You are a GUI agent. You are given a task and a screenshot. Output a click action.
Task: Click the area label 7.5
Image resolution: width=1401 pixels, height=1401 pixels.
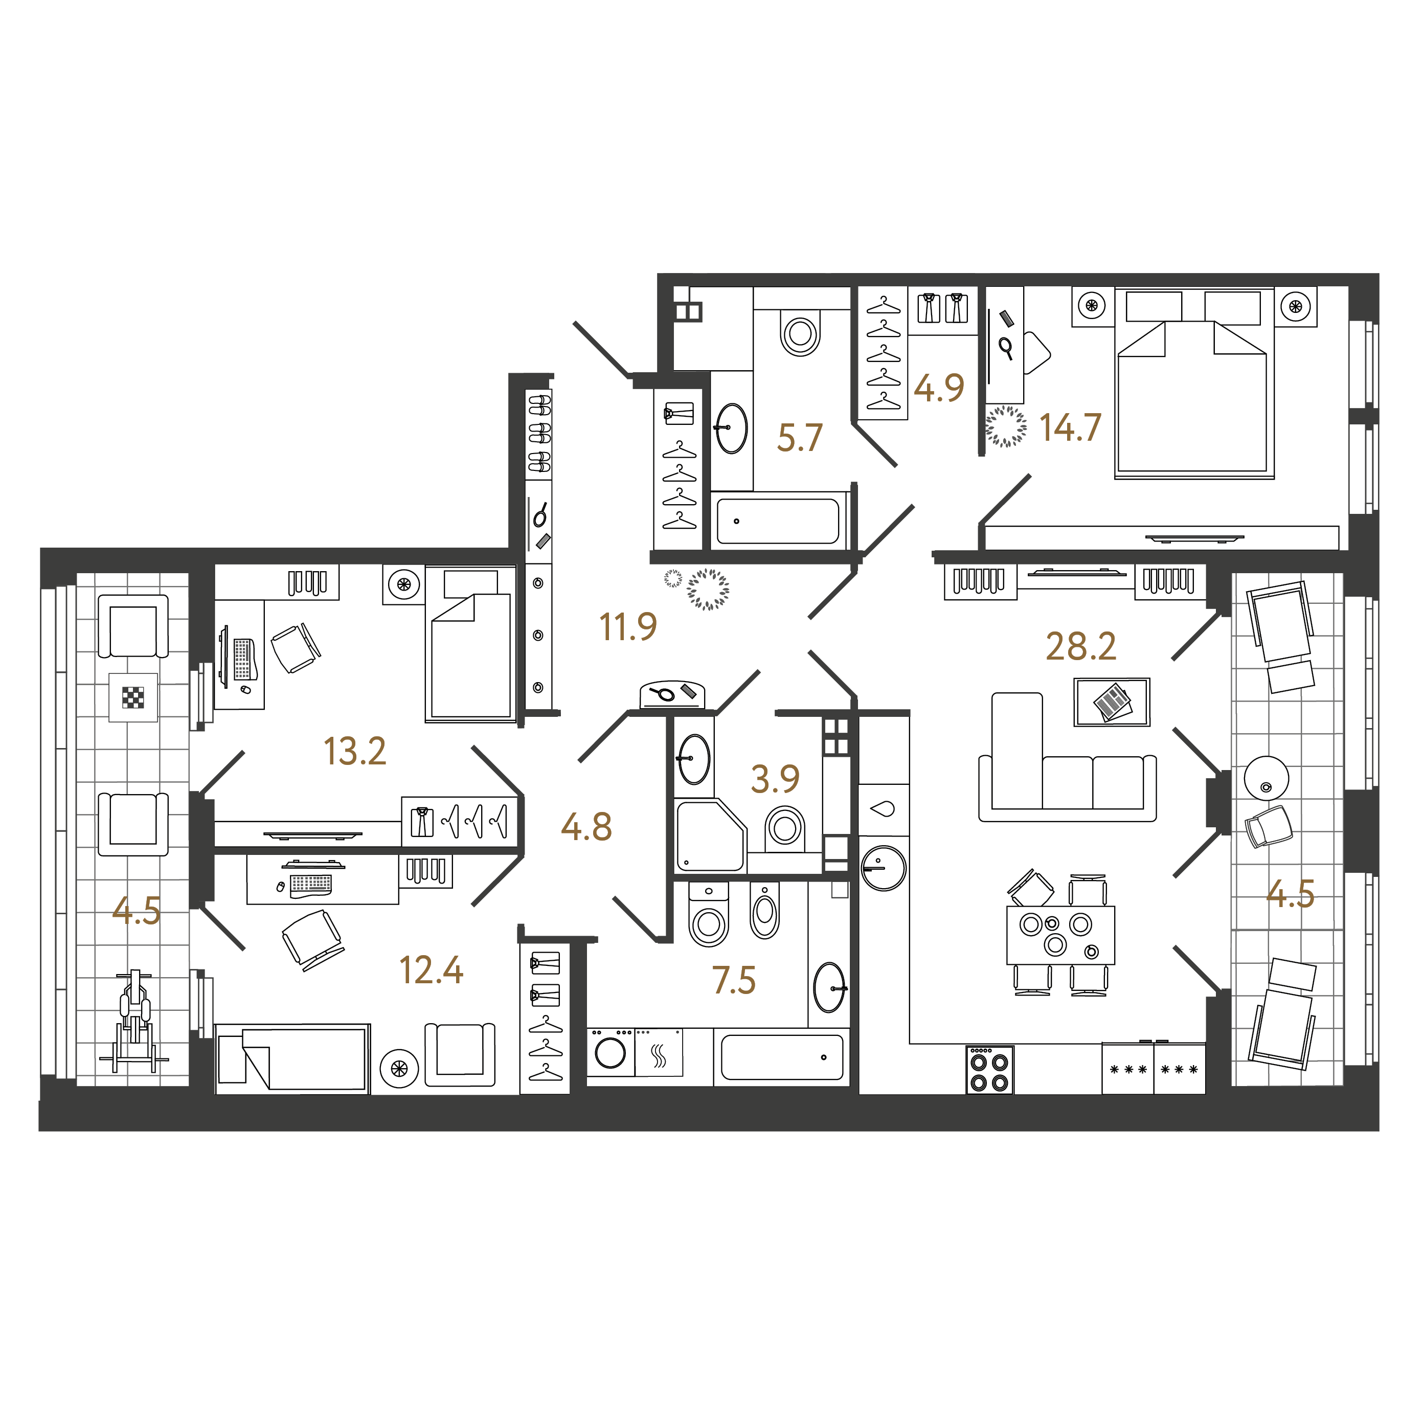click(x=734, y=980)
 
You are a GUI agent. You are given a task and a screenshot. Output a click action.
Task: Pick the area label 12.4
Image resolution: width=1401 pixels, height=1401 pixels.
click(x=432, y=971)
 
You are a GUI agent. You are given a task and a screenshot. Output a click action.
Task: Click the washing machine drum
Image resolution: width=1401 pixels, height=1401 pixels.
click(x=611, y=1053)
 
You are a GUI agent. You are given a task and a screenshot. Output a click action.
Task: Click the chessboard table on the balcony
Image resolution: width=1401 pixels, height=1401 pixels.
click(x=133, y=697)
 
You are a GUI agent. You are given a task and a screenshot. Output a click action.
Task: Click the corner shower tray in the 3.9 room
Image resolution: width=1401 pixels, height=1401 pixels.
click(x=711, y=835)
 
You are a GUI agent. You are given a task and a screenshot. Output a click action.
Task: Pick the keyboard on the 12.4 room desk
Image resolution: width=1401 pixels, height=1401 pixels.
click(x=311, y=885)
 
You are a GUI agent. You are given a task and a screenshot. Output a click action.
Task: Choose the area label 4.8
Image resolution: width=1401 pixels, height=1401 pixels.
click(x=586, y=827)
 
